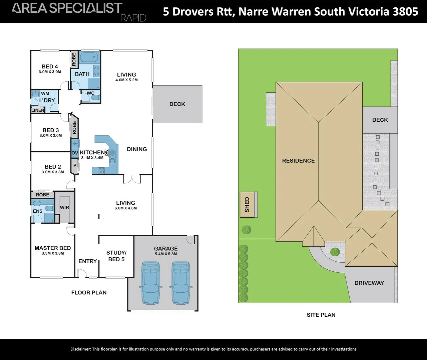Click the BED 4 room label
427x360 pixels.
coord(50,66)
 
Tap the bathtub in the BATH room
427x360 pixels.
coord(89,57)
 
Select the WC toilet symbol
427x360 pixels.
coord(95,98)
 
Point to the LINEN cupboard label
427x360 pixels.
coord(38,110)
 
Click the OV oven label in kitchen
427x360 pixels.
coord(75,153)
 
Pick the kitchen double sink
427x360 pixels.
coord(112,157)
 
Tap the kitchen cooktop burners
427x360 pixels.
coord(101,171)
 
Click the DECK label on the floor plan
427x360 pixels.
coord(177,104)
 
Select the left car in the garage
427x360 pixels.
coord(151,283)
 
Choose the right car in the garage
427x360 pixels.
coord(181,283)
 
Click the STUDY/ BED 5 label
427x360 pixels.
coord(116,256)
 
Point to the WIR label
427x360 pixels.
coord(64,208)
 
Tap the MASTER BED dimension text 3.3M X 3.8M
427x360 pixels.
coord(53,253)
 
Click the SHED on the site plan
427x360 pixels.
coord(249,205)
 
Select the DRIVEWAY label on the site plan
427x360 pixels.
coord(369,283)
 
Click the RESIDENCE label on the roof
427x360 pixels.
coord(298,161)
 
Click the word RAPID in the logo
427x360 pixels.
coord(133,18)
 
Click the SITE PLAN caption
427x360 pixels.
coord(321,315)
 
